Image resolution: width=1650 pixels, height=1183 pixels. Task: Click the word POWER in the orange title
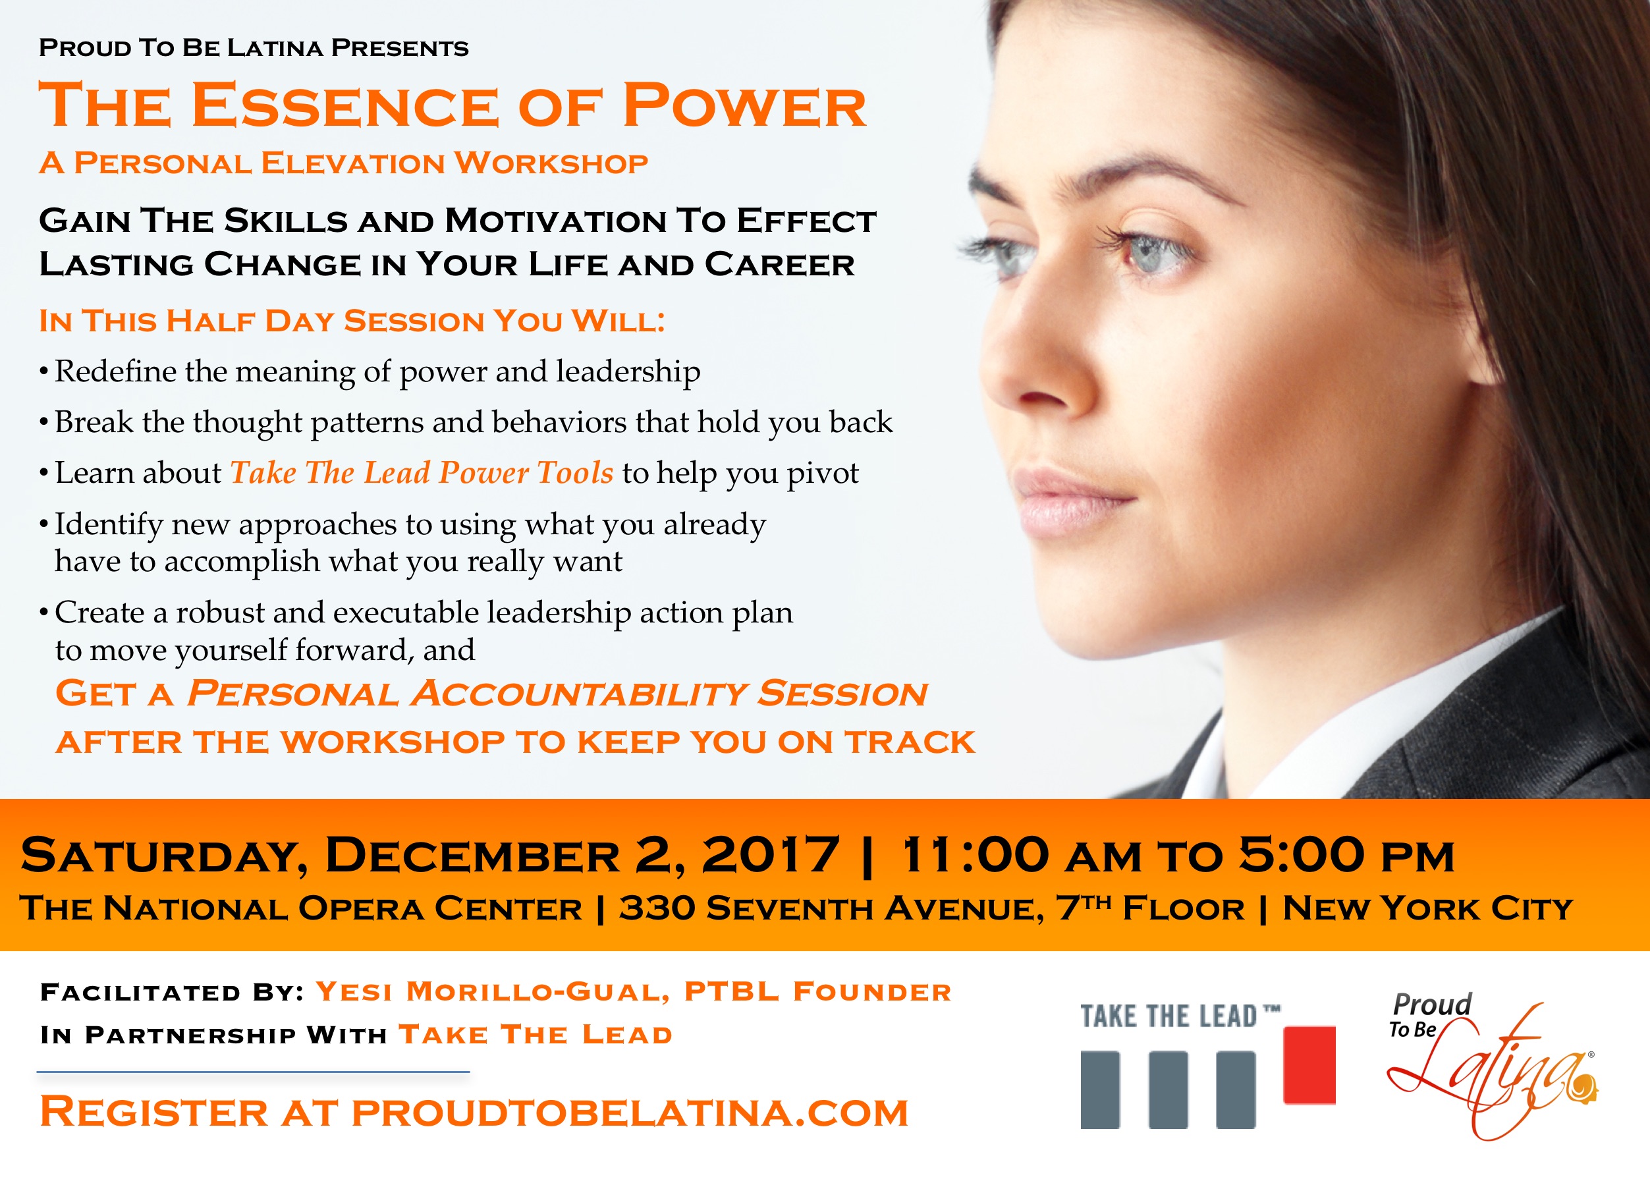coord(744,105)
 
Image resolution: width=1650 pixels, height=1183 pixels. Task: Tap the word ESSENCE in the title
coord(345,105)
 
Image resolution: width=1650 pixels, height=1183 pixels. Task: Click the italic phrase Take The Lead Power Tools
coord(422,473)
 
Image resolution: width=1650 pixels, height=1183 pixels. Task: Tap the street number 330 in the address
coord(657,908)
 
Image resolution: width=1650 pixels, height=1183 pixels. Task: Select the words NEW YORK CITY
coord(1427,908)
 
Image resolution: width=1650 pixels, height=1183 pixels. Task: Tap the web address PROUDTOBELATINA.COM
coord(630,1113)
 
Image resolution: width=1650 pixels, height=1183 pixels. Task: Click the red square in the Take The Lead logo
coord(1309,1065)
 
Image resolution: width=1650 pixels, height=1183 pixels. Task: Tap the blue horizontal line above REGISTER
coord(253,1072)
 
